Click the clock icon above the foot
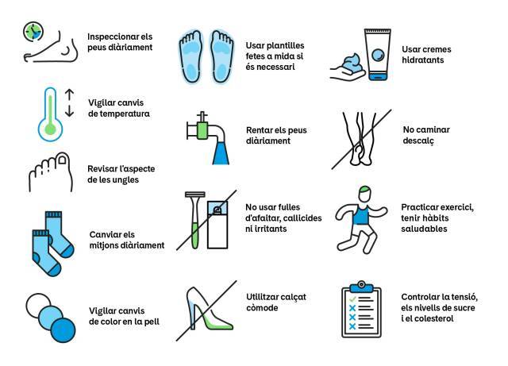(x=33, y=32)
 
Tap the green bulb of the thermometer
(x=50, y=129)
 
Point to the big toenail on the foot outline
(x=62, y=160)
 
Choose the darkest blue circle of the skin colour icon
(x=63, y=330)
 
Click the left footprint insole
(x=191, y=56)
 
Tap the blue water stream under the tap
(x=221, y=153)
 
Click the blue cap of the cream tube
(x=378, y=77)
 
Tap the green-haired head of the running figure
(x=366, y=194)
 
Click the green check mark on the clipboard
(x=352, y=299)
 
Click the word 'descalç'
(x=418, y=141)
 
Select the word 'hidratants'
(x=423, y=60)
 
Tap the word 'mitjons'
(x=103, y=245)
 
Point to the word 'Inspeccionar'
(x=110, y=37)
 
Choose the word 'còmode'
(x=262, y=308)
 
